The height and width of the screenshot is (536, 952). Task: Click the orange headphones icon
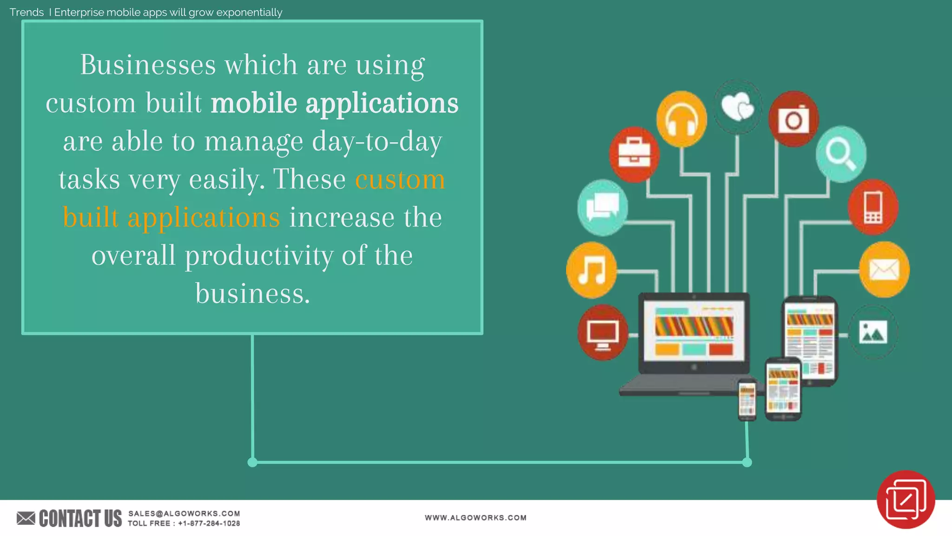(681, 119)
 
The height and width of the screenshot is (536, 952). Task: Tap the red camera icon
(793, 119)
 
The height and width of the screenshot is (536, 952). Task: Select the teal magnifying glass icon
(841, 154)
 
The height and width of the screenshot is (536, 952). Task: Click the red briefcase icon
(634, 154)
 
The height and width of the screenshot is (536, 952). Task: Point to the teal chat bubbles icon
(602, 208)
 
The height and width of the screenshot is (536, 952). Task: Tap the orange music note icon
(591, 270)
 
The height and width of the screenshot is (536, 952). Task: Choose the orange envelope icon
(884, 270)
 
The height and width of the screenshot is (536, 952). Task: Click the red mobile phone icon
(873, 207)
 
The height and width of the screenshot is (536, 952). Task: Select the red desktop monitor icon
(602, 333)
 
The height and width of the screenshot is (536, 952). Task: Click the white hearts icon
(738, 107)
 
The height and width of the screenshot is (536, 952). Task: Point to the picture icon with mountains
(873, 332)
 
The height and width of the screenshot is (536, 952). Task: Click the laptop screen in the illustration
(694, 331)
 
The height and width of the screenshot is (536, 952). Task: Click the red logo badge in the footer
(906, 499)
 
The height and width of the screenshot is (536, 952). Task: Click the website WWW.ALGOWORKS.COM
(476, 517)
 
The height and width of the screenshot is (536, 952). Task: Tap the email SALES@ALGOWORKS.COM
(184, 513)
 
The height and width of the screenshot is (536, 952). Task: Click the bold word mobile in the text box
(254, 103)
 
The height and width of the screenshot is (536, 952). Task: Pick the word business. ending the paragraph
(252, 294)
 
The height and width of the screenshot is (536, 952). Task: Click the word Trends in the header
(26, 12)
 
